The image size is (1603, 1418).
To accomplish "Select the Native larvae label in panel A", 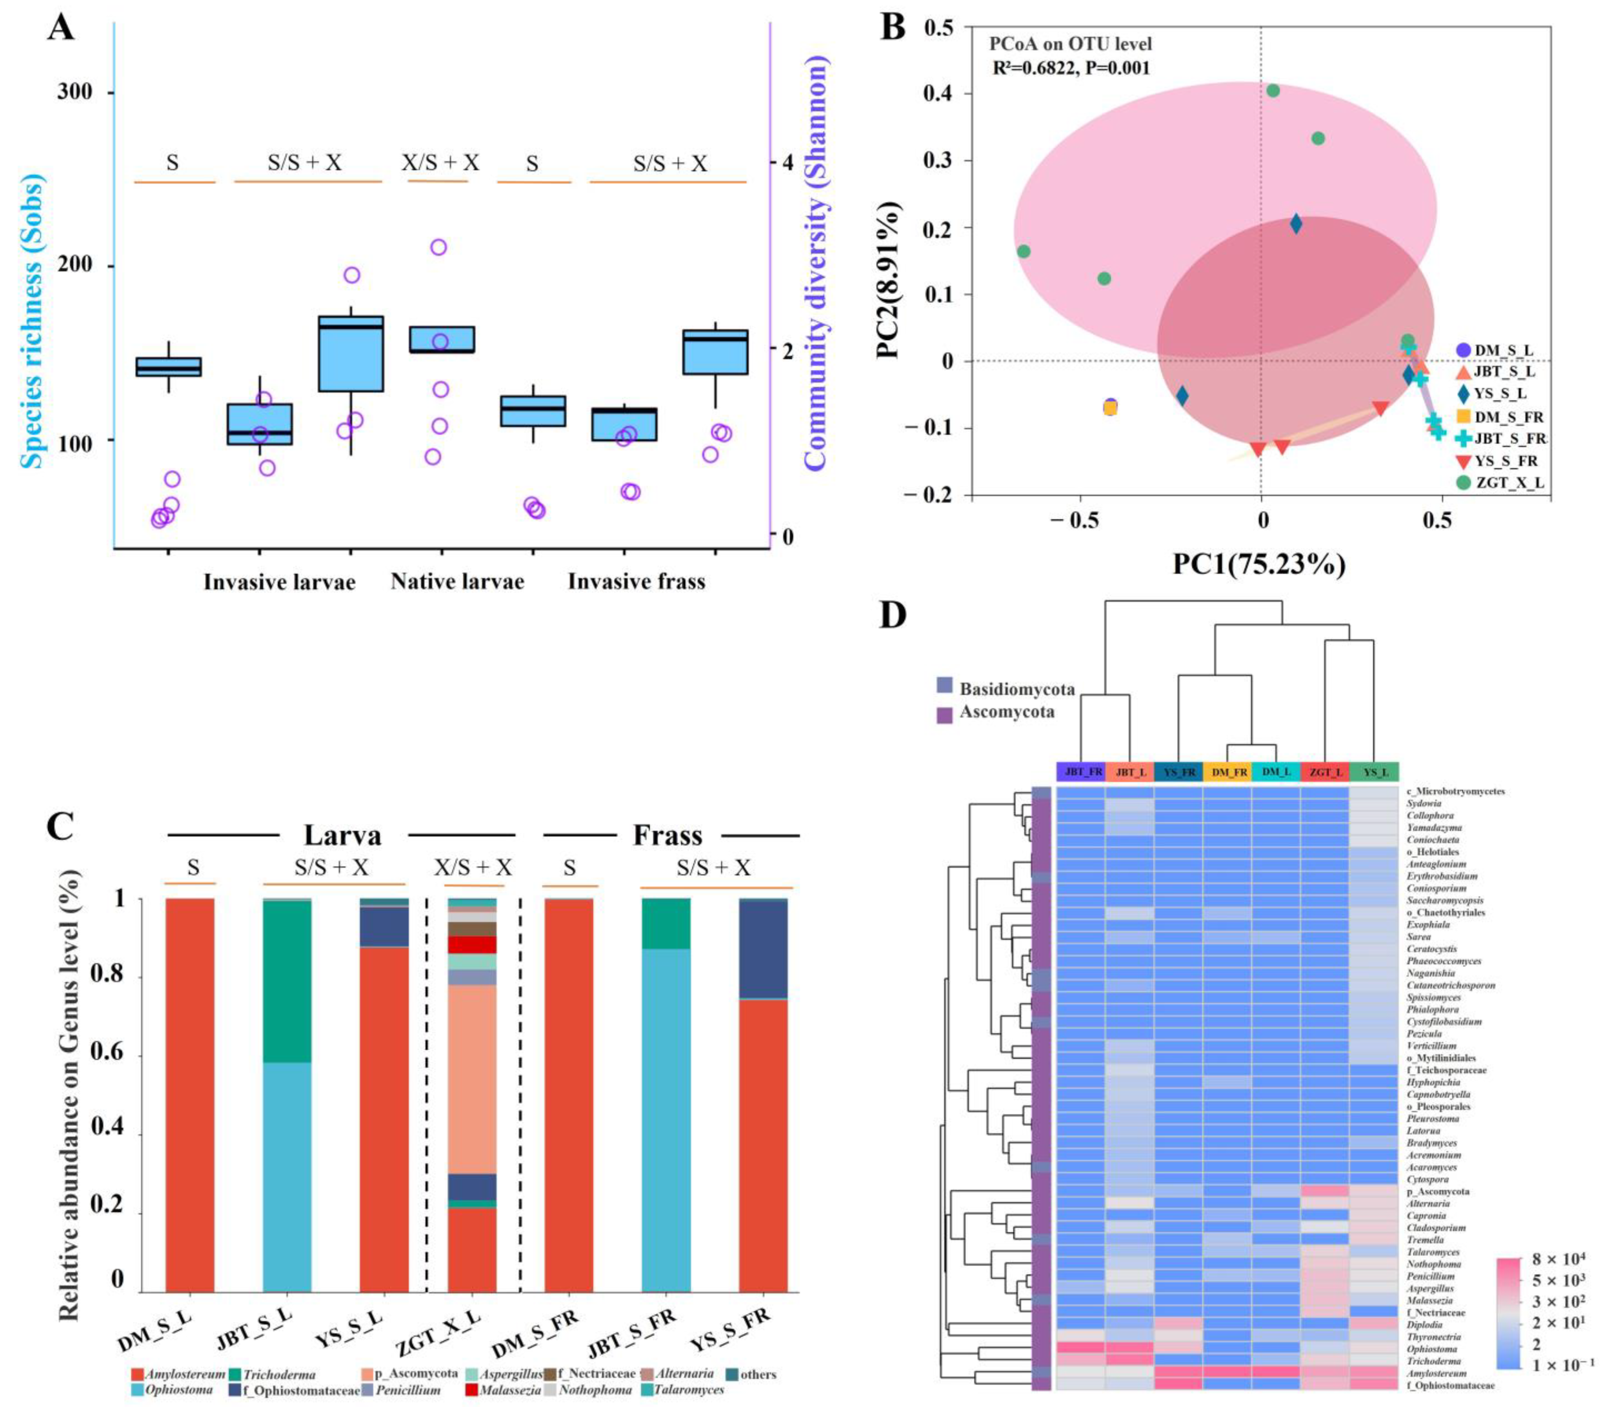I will (457, 582).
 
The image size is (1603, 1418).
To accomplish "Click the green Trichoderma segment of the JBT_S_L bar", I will (287, 980).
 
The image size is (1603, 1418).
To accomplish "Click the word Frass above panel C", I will (667, 835).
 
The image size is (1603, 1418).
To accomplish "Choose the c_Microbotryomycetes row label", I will (1455, 791).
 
